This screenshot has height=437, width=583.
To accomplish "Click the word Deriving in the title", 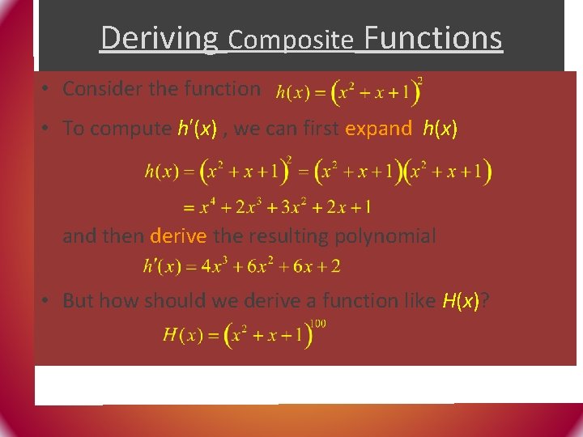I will [159, 38].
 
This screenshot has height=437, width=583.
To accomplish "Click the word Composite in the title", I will [291, 40].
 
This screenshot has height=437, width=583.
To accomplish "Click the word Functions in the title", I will [433, 38].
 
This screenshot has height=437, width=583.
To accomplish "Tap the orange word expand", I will [378, 129].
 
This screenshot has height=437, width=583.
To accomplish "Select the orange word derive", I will [179, 236].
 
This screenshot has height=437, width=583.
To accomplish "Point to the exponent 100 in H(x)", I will [318, 325].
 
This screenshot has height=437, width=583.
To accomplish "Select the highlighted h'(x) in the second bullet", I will [197, 129].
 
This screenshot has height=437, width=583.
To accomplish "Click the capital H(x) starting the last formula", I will [182, 335].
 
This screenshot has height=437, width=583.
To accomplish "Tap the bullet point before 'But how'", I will [48, 301].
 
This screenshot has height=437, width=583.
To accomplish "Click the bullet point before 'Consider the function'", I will [48, 88].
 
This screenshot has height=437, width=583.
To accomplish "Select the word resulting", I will [287, 237].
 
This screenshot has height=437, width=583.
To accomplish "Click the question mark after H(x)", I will [486, 301].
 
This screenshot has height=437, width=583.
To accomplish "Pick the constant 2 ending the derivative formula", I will [335, 265].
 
